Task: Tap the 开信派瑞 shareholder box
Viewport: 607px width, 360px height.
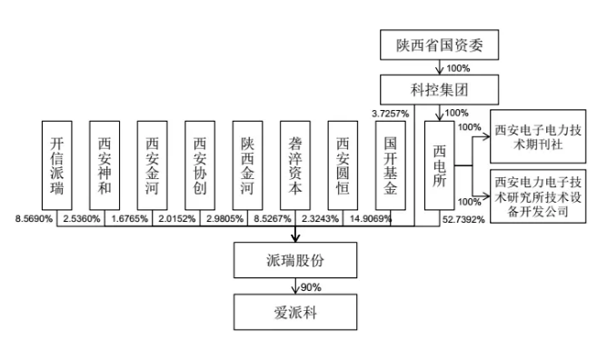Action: (56, 167)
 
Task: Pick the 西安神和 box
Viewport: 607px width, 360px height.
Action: (105, 167)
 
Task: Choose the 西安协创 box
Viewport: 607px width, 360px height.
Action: (200, 167)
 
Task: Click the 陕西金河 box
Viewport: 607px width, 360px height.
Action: (248, 167)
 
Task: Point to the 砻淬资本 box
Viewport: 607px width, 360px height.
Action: (295, 167)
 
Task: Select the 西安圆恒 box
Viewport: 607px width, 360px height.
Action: (343, 167)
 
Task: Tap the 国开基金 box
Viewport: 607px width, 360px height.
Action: (391, 167)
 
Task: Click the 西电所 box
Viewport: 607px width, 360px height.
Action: (439, 167)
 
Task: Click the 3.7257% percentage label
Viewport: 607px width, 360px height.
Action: (389, 112)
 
